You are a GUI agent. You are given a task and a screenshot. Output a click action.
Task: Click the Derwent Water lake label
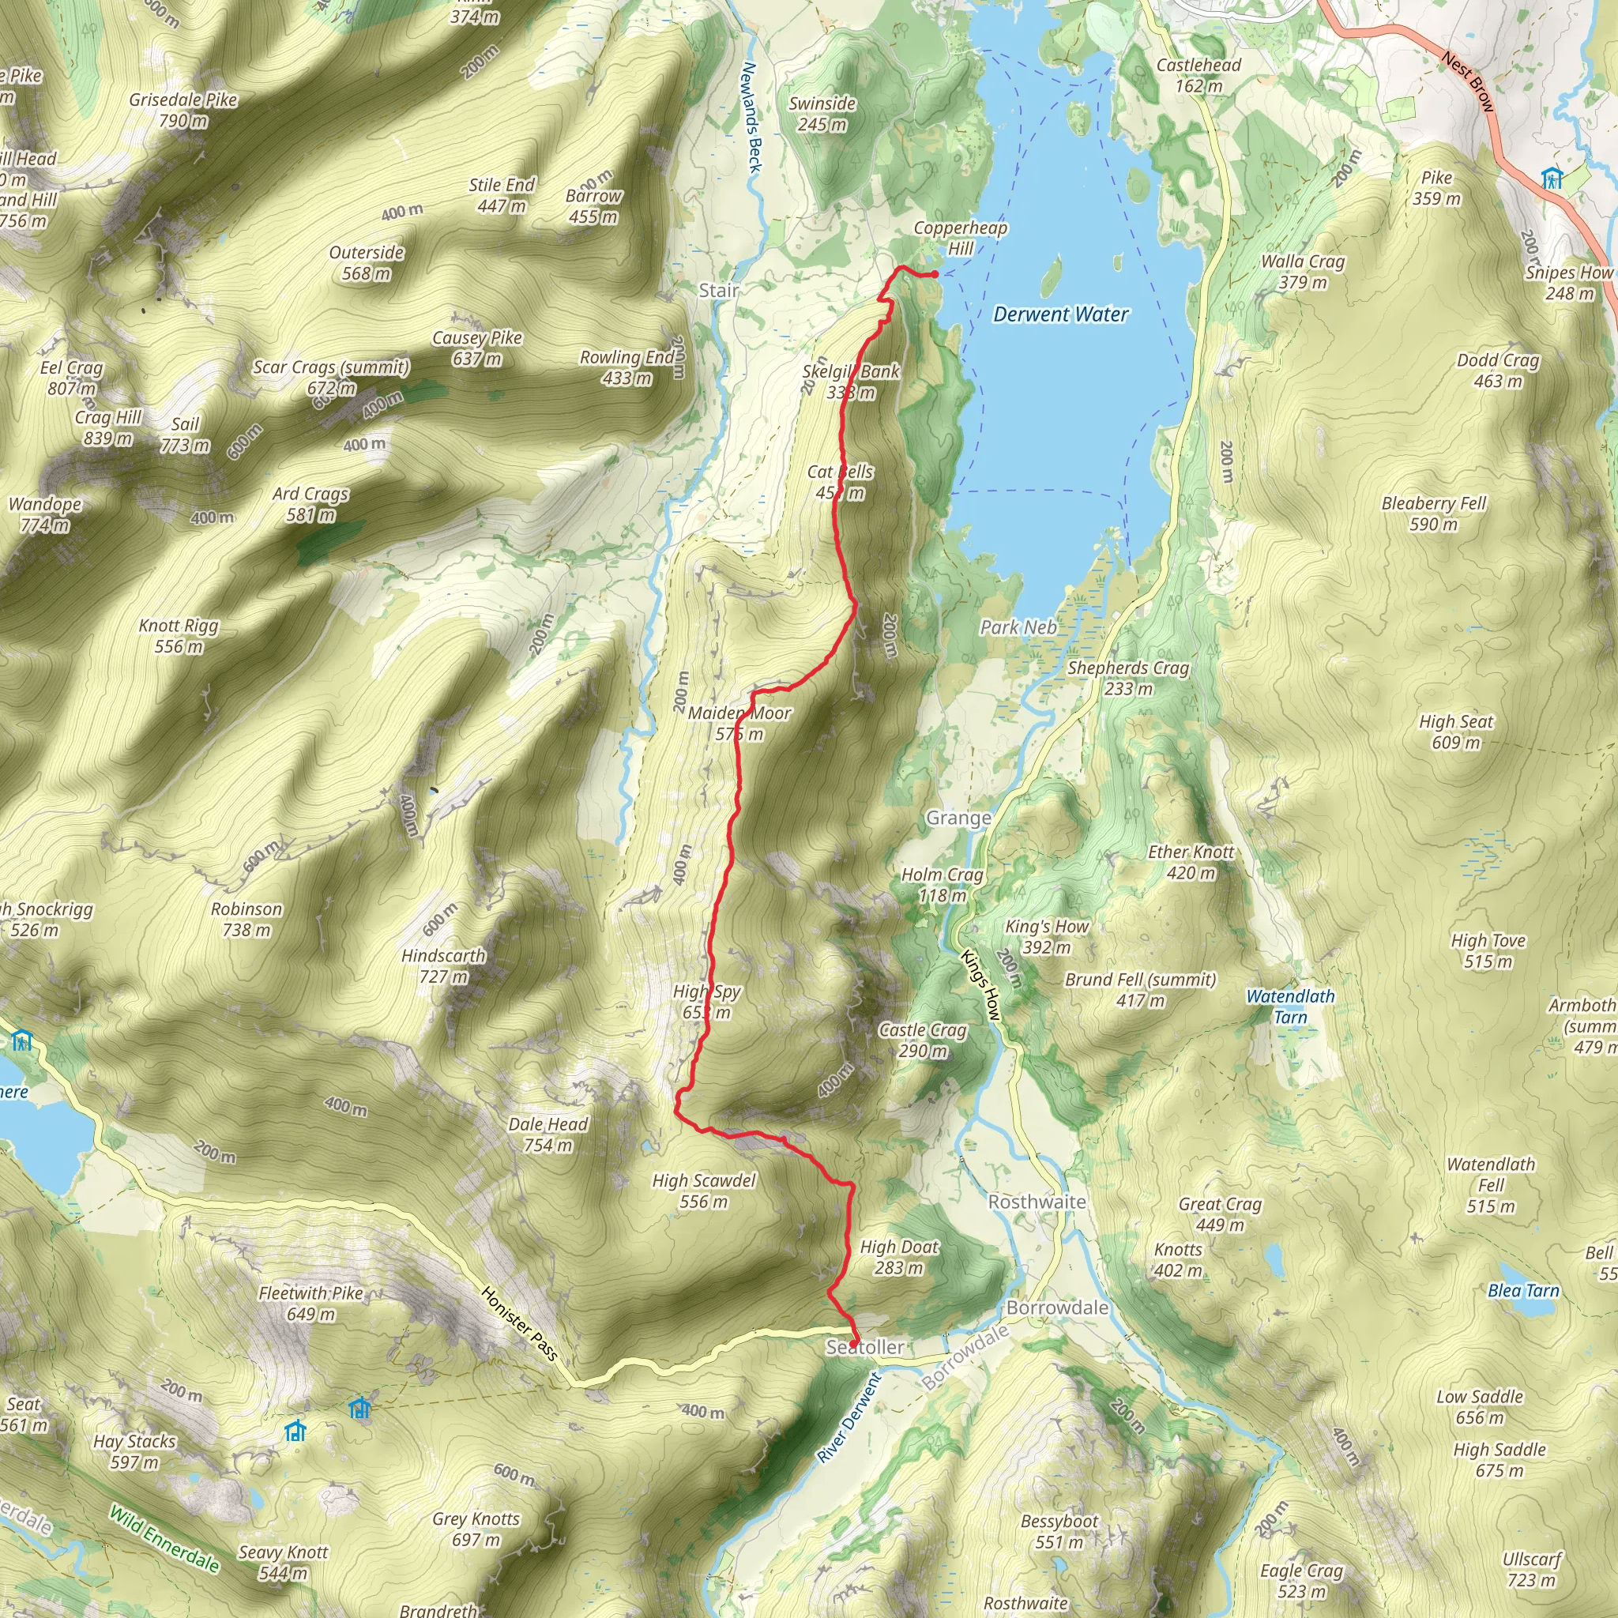click(1060, 314)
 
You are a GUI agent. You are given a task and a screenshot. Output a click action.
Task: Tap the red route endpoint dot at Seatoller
click(853, 1344)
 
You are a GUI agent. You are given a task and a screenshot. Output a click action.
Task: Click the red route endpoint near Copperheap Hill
click(935, 274)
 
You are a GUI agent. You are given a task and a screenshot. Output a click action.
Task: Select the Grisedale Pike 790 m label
click(183, 110)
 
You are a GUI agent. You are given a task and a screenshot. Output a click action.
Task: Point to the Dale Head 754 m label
click(547, 1134)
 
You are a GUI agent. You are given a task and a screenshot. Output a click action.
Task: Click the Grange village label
click(958, 818)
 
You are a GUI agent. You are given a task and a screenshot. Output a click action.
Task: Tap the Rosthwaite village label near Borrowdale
click(1037, 1202)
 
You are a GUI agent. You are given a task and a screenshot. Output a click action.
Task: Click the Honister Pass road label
click(519, 1323)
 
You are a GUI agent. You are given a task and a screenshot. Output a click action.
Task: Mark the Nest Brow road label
click(1467, 81)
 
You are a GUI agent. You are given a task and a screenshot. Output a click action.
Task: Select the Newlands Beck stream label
click(751, 117)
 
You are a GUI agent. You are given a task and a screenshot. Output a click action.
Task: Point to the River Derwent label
click(849, 1418)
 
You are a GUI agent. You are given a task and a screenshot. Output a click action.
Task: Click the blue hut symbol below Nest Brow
click(1552, 179)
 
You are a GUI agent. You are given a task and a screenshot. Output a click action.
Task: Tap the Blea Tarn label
click(1523, 1291)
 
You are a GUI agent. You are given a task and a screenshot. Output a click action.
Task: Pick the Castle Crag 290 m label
click(922, 1040)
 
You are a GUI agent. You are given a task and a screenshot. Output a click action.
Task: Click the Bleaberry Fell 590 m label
click(1434, 514)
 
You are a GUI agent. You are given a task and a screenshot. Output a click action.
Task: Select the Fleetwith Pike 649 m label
click(310, 1303)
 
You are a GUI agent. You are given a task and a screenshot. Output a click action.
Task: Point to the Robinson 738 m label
click(246, 919)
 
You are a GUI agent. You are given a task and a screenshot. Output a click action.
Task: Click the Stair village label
click(719, 291)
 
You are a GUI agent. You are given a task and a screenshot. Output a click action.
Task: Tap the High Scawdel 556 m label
click(703, 1191)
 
